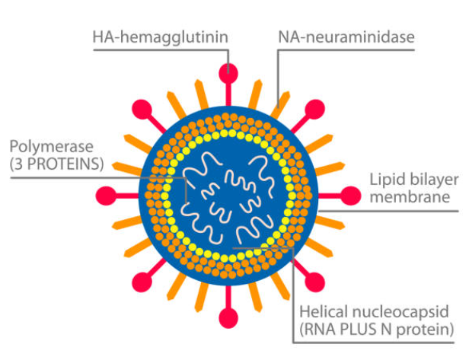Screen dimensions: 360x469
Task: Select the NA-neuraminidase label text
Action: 344,36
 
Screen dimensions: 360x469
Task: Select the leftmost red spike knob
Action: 109,195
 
